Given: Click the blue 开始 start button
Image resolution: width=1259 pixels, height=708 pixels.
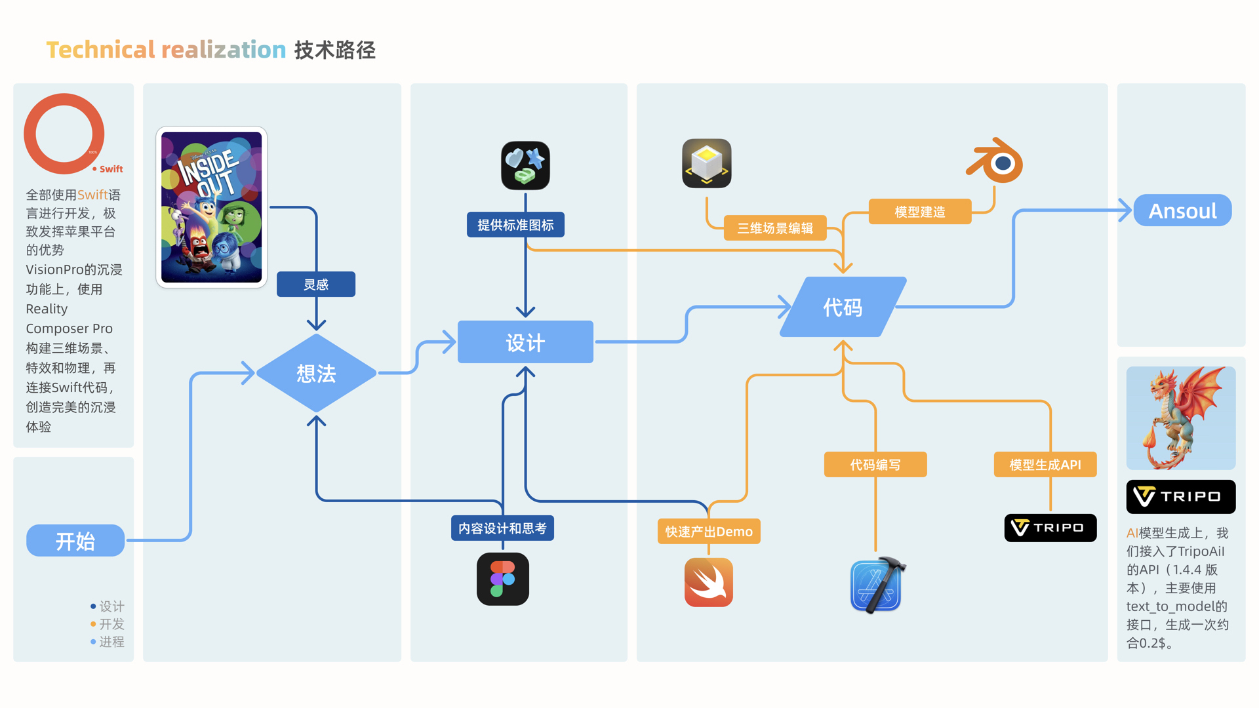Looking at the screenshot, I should pyautogui.click(x=75, y=541).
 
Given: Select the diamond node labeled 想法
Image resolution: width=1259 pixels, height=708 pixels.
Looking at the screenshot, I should pyautogui.click(x=316, y=373).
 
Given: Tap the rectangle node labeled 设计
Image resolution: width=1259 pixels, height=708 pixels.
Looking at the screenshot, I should pyautogui.click(x=525, y=342).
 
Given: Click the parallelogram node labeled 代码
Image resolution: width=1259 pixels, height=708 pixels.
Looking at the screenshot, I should pyautogui.click(x=843, y=307).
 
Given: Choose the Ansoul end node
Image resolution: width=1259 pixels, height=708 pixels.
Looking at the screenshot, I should pyautogui.click(x=1182, y=210).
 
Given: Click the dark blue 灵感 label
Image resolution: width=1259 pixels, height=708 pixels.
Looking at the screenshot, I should pyautogui.click(x=316, y=285).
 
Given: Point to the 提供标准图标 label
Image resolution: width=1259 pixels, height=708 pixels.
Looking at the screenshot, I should pyautogui.click(x=515, y=225).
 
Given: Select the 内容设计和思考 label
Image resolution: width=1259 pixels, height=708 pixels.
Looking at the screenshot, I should pyautogui.click(x=502, y=528).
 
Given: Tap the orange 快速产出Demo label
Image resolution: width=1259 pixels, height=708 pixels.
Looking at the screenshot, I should pyautogui.click(x=709, y=532).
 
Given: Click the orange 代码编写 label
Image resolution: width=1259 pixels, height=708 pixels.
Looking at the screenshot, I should pyautogui.click(x=875, y=465).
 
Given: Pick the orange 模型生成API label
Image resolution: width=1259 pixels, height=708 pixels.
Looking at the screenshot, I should pyautogui.click(x=1045, y=465).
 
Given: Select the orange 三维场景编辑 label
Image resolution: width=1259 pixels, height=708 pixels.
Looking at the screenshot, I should pyautogui.click(x=775, y=228).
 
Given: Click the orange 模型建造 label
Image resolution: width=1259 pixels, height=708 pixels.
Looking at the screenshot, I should pyautogui.click(x=920, y=212).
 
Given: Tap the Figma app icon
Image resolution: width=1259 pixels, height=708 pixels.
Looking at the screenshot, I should pyautogui.click(x=503, y=579).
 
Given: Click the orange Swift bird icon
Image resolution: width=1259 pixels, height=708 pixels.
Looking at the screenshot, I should pyautogui.click(x=709, y=582).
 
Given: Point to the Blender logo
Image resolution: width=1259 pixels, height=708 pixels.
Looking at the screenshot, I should pyautogui.click(x=995, y=161).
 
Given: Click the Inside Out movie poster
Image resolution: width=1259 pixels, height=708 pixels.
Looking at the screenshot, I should pyautogui.click(x=211, y=207).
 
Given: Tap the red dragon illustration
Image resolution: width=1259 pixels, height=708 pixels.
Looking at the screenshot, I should pyautogui.click(x=1181, y=418).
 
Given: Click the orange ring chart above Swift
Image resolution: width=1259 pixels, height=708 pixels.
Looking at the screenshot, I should pyautogui.click(x=64, y=134).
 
